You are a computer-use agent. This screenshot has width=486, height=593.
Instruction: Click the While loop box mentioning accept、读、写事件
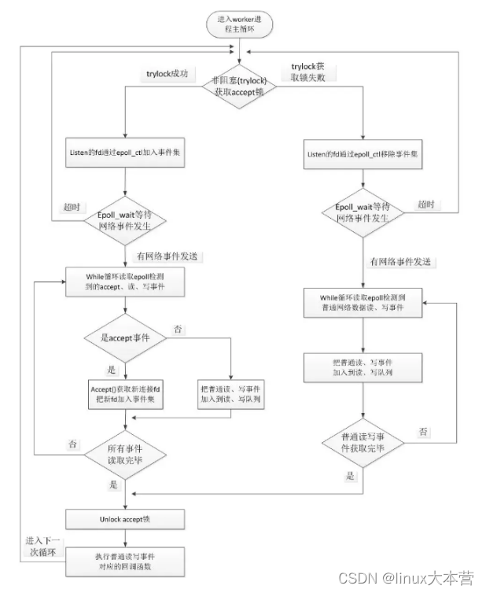pos(125,284)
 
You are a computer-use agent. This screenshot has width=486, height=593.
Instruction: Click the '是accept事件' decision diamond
pos(125,340)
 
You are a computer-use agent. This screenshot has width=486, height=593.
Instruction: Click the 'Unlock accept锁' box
pos(125,519)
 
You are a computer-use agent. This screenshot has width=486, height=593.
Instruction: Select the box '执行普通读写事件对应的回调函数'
pos(125,562)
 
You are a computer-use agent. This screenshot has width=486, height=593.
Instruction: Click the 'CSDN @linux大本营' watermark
pos(406,578)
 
